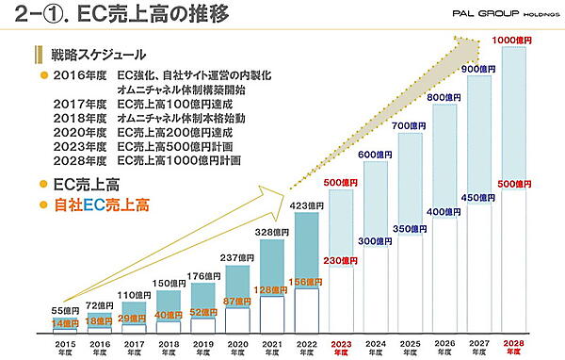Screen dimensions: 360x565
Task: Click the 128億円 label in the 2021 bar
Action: tap(269, 289)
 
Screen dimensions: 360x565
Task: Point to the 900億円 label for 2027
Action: tap(480, 69)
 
